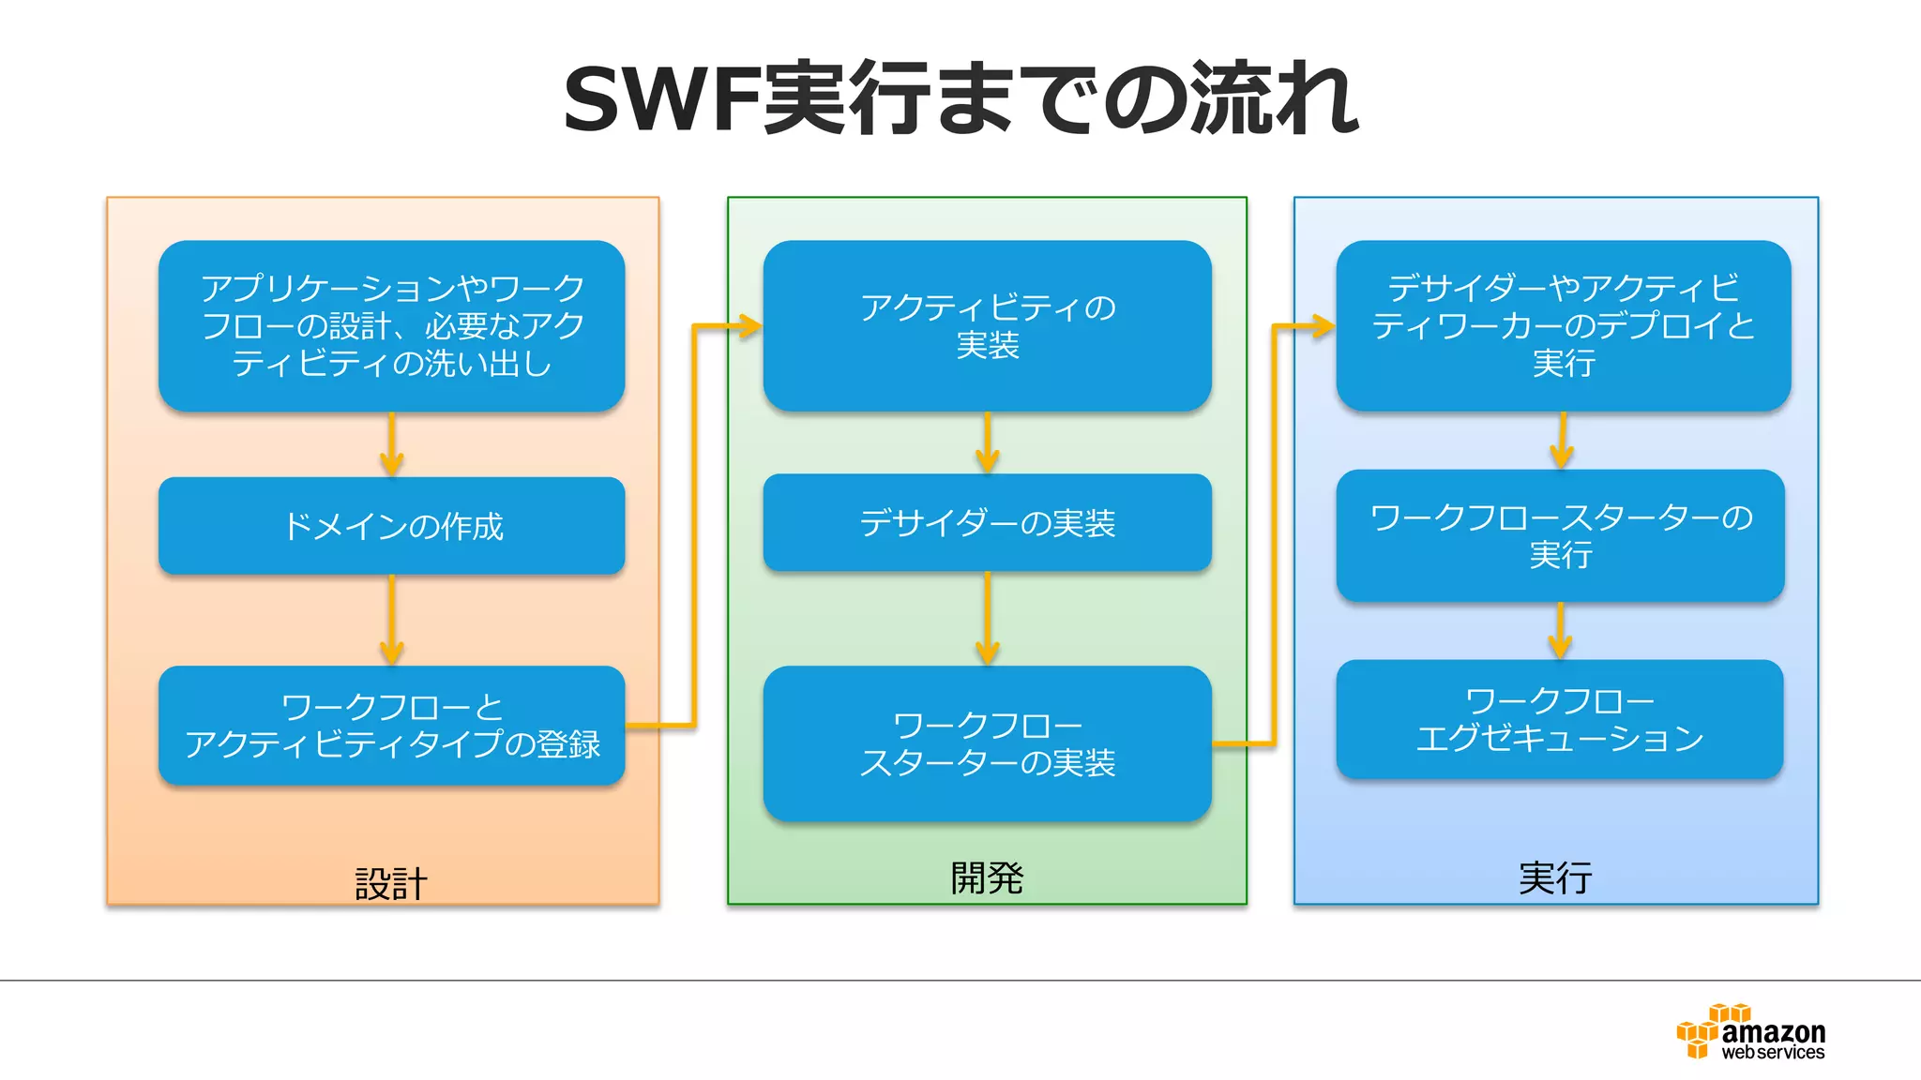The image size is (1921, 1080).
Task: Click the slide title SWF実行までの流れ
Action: tap(960, 98)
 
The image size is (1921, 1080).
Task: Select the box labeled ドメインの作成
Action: tap(391, 526)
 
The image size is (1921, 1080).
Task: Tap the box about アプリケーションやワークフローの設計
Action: tap(391, 325)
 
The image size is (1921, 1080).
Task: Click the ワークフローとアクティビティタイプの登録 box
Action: tap(391, 725)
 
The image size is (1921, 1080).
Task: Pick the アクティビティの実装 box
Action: tap(987, 325)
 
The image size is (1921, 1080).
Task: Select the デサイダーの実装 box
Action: tap(987, 522)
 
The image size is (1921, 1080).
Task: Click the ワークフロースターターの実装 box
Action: tap(987, 743)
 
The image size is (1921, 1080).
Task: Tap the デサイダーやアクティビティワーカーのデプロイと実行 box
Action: tap(1563, 325)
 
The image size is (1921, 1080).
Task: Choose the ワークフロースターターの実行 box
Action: tap(1560, 535)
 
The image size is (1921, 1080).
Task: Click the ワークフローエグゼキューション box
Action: tap(1559, 719)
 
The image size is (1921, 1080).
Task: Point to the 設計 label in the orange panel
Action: tap(390, 883)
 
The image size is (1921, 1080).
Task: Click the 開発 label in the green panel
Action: tap(986, 877)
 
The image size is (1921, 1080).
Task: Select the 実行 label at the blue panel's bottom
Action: tap(1554, 877)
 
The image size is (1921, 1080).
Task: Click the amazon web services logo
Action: tap(1750, 1033)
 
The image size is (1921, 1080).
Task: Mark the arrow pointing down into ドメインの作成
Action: tap(391, 446)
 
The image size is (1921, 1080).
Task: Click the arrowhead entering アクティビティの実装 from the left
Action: tap(749, 326)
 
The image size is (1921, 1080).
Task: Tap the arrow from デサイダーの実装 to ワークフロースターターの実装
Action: tap(987, 620)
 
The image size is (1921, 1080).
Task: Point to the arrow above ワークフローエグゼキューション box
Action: tap(1560, 632)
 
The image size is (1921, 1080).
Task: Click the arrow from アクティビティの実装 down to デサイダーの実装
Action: tap(987, 443)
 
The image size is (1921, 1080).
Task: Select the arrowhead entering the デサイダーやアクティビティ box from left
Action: tap(1323, 326)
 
